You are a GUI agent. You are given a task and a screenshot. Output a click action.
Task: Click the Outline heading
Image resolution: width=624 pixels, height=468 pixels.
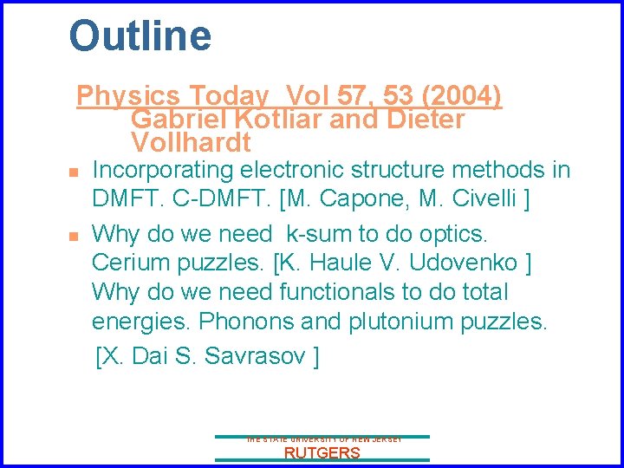[x=140, y=36]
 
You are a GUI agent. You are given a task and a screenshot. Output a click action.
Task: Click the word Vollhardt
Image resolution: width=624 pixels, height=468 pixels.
[x=191, y=142]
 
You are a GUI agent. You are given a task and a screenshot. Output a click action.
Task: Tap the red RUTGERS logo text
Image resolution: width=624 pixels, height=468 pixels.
[x=322, y=453]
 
